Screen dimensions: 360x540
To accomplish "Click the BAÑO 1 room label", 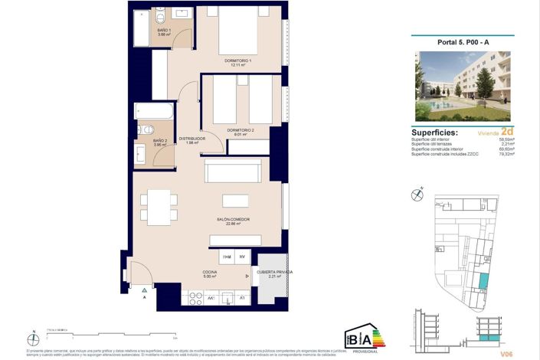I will (164, 32).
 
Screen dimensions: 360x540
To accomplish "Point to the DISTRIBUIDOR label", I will (189, 140).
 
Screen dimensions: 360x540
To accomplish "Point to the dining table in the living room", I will (159, 205).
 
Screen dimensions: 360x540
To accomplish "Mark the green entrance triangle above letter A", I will (143, 290).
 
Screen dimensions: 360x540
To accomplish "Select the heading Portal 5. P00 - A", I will (461, 43).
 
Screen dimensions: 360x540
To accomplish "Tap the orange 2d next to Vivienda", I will (506, 131).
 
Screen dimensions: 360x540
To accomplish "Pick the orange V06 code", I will (506, 354).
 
